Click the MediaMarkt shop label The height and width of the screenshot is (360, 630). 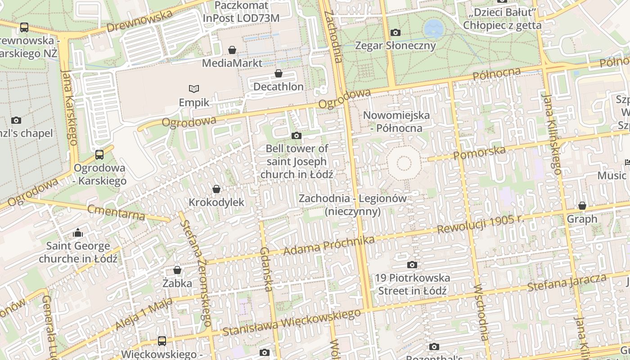[232, 63]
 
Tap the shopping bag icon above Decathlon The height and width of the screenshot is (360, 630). [279, 73]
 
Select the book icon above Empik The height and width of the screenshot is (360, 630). [194, 89]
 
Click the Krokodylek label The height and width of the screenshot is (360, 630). [216, 202]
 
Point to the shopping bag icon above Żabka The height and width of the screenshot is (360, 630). [177, 270]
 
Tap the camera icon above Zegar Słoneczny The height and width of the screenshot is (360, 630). [396, 32]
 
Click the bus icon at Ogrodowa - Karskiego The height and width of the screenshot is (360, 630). [99, 155]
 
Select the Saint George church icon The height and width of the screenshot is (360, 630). [78, 233]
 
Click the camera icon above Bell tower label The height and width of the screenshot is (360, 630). [297, 135]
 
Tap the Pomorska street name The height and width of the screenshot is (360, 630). [480, 152]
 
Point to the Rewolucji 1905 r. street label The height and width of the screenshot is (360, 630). [481, 224]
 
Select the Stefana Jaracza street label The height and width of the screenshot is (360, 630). [567, 282]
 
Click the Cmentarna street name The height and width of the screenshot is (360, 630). [117, 212]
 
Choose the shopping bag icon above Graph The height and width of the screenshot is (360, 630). [582, 206]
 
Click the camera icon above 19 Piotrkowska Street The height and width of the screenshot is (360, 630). [412, 265]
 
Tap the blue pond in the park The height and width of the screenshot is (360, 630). [433, 28]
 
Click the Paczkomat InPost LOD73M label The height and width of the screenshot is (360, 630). [241, 12]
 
